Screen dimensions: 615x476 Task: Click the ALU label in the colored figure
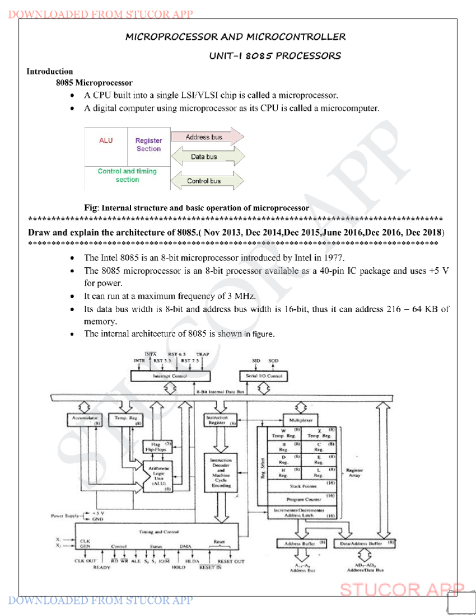pos(106,141)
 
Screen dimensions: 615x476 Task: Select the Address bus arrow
pos(206,137)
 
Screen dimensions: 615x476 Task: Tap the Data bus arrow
pos(206,157)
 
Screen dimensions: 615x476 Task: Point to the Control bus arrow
pos(206,181)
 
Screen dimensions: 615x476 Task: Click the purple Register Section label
pos(149,145)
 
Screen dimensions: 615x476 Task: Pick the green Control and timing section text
pos(127,175)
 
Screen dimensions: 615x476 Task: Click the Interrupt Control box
pos(170,376)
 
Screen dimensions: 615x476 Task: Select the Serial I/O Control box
pos(264,376)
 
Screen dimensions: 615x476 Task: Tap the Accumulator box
pos(84,420)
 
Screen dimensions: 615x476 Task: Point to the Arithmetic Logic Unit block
pos(159,476)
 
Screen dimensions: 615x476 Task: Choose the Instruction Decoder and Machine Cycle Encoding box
pos(221,472)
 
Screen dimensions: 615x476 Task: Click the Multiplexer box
pos(301,420)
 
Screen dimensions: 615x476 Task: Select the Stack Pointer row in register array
pos(302,486)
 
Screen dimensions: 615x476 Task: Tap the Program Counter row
pos(302,499)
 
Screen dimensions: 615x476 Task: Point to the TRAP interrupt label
pos(203,354)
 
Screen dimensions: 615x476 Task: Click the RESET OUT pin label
pos(231,561)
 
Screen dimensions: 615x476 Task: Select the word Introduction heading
pos(50,71)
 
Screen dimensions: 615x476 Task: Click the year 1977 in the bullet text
pos(333,258)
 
